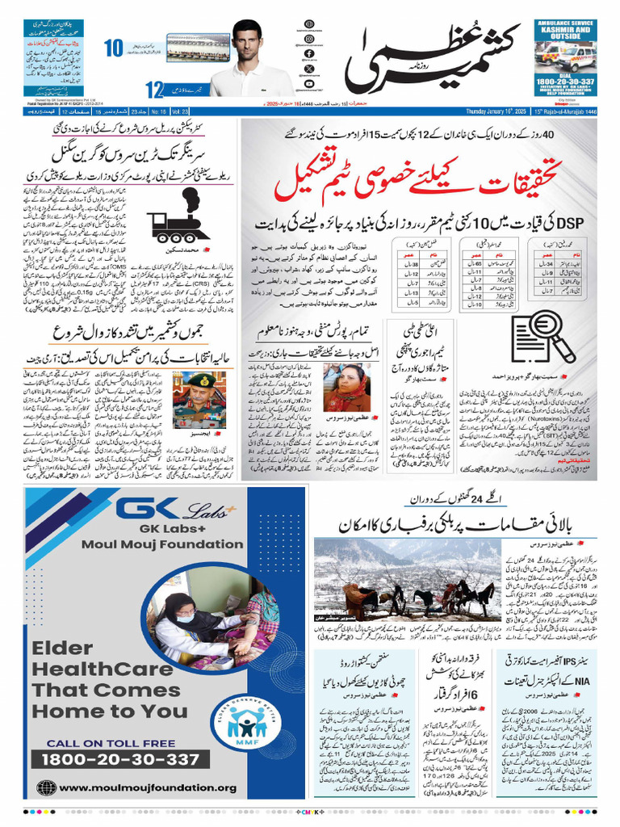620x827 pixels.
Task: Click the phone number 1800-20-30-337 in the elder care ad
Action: click(x=120, y=759)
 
